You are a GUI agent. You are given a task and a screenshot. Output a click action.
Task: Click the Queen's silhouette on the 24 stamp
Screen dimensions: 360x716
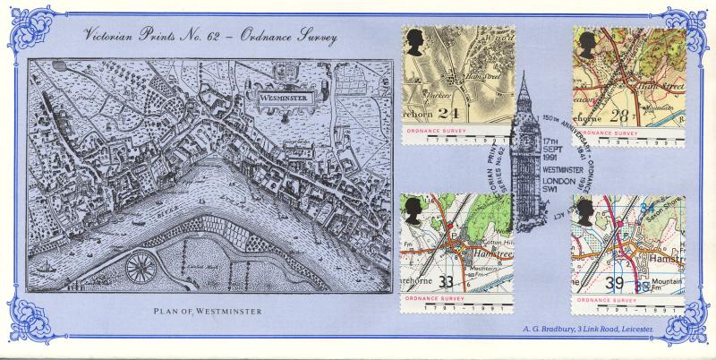pos(416,42)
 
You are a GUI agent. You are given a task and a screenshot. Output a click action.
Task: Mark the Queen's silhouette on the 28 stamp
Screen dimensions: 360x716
pos(587,45)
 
